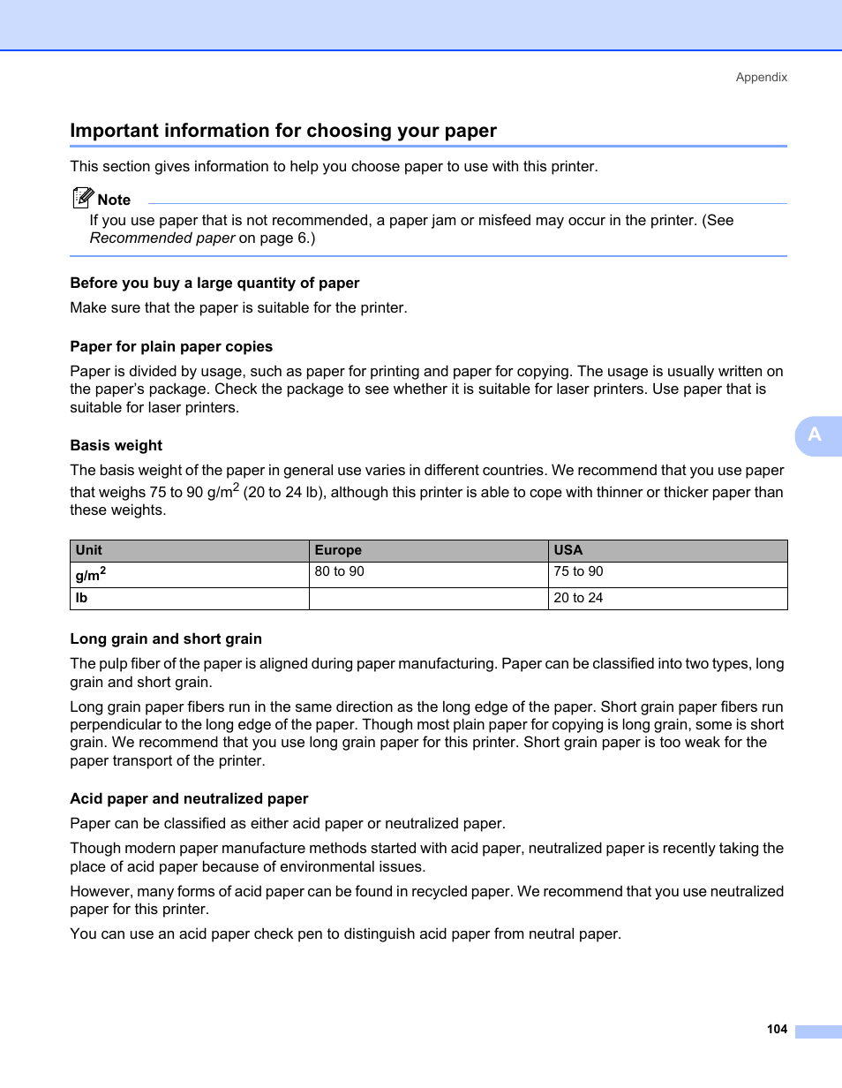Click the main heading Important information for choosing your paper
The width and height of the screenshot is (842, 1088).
(283, 131)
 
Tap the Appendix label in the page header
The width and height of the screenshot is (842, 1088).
(761, 77)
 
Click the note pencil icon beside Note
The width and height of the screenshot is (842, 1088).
(83, 198)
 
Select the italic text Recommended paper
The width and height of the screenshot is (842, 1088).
(162, 238)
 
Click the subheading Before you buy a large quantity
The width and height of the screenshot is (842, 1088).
(214, 283)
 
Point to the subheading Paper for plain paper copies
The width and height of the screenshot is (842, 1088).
(171, 346)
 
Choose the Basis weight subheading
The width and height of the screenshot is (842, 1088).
(117, 445)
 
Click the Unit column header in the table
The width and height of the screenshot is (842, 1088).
(89, 550)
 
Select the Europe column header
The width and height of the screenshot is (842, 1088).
(338, 550)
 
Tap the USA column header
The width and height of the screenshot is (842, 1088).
(568, 550)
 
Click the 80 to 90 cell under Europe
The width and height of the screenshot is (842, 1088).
(339, 571)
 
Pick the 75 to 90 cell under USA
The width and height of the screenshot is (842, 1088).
(578, 571)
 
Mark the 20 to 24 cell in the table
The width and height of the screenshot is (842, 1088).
(578, 598)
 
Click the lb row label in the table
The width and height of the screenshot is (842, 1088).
(82, 598)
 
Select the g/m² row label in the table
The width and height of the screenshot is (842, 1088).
(91, 575)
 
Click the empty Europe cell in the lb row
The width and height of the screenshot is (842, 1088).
(428, 598)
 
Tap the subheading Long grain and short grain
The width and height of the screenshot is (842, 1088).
(166, 638)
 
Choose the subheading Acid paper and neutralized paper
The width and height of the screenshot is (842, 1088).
(189, 798)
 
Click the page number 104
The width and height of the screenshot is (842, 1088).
(777, 1029)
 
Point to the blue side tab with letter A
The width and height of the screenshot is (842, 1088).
(816, 434)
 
